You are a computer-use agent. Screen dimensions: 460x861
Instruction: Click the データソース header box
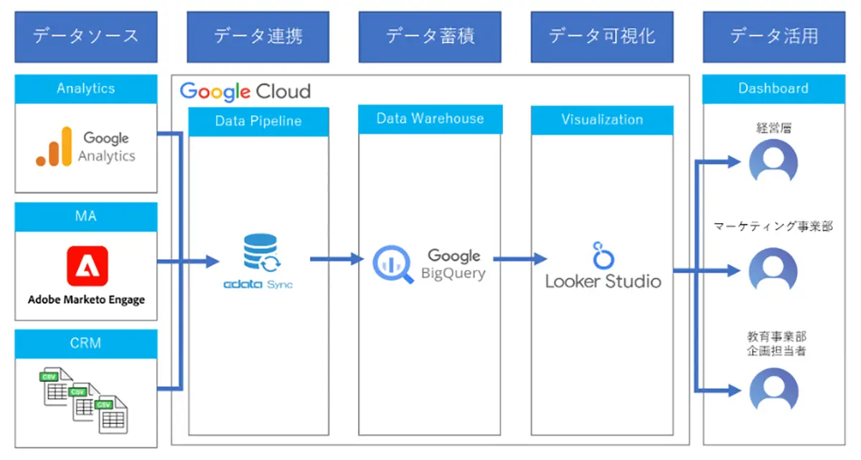(x=85, y=36)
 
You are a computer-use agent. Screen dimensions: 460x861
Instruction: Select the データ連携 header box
(x=258, y=36)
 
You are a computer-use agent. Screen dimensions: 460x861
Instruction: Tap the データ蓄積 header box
(x=430, y=36)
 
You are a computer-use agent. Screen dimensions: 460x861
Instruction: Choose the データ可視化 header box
(x=602, y=36)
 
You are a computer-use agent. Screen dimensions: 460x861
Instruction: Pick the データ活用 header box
(x=774, y=36)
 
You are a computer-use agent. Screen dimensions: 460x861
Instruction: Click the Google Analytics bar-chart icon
(x=55, y=147)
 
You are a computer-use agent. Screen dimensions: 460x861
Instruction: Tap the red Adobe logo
(x=88, y=267)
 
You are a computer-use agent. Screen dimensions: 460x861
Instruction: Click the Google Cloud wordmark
(x=245, y=91)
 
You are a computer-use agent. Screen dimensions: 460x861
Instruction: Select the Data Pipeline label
(x=258, y=121)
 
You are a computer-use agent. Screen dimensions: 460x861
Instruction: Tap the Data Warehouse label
(x=430, y=119)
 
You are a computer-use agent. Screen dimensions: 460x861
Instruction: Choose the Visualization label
(x=602, y=120)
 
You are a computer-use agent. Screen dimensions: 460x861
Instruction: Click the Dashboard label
(x=773, y=88)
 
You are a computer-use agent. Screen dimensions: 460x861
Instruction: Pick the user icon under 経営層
(x=773, y=162)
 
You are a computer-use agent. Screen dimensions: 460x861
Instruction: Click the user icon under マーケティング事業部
(x=773, y=271)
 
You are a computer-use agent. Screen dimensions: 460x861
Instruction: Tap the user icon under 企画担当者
(x=773, y=390)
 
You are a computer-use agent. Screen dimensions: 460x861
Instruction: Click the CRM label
(x=85, y=343)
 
